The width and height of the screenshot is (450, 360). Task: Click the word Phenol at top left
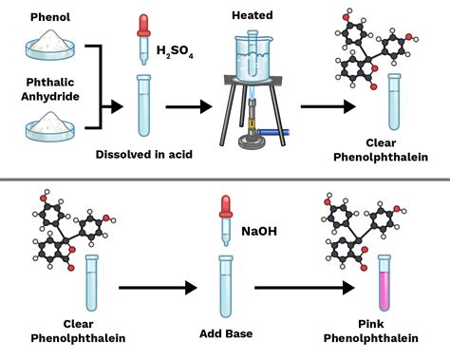(47, 16)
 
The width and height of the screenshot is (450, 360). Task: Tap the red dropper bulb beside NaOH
(225, 204)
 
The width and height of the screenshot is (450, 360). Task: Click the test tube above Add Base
(225, 285)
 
